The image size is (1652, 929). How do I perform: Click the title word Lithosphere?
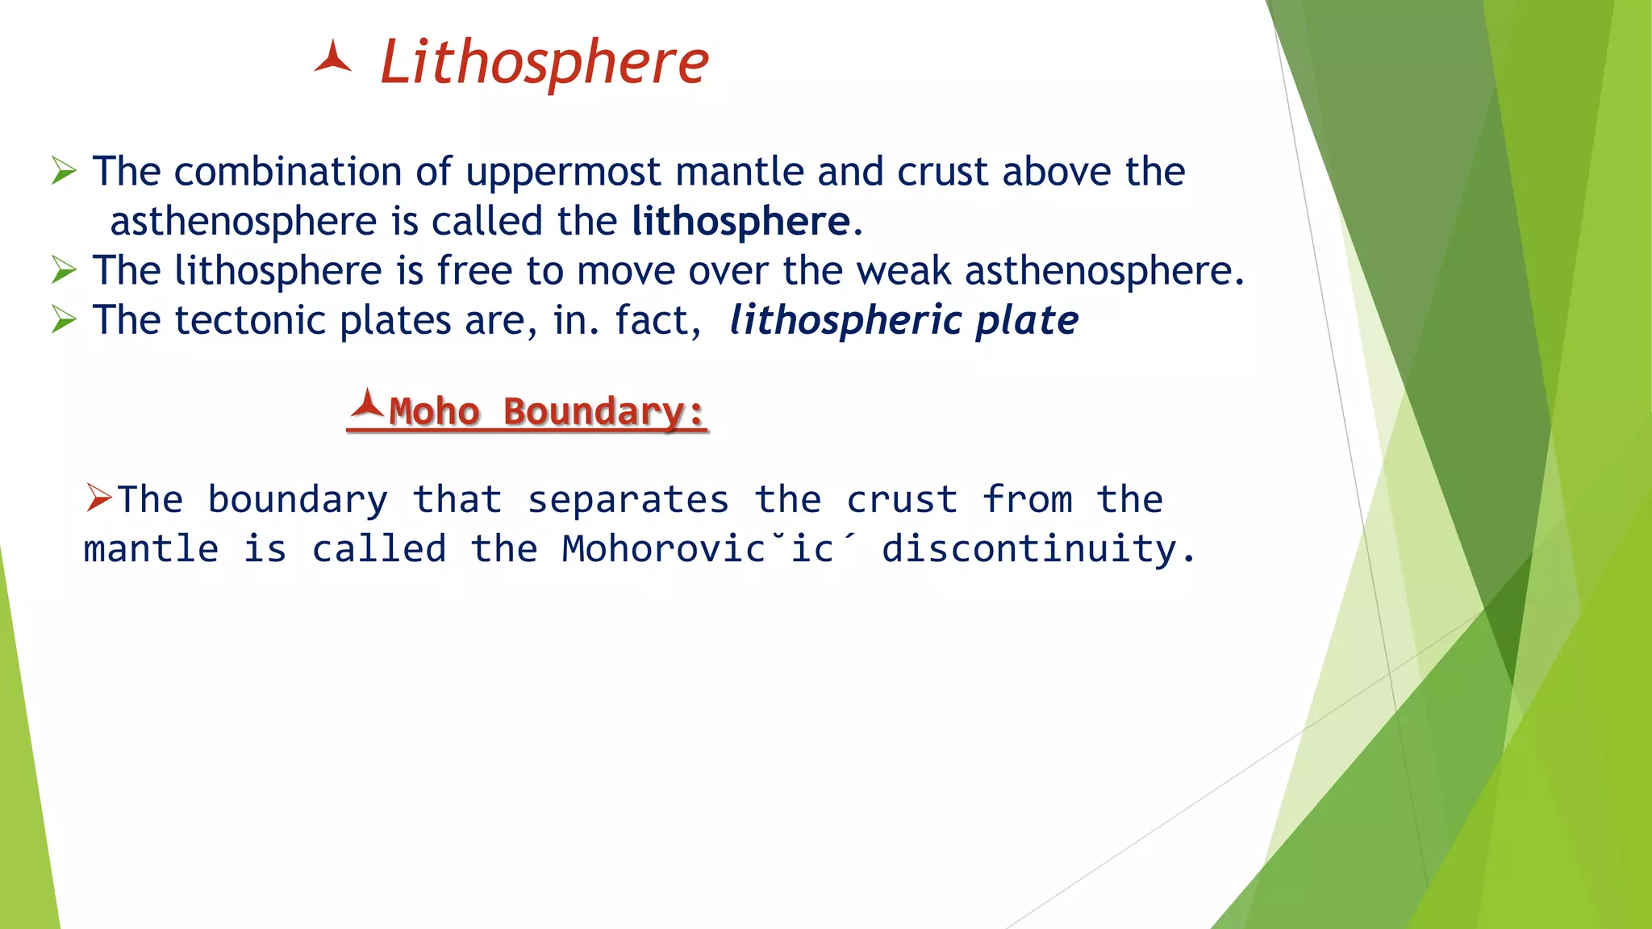tap(544, 63)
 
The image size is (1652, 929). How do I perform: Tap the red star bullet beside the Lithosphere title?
tap(332, 59)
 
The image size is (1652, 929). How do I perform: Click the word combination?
tap(287, 172)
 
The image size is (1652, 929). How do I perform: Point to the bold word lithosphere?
tap(740, 222)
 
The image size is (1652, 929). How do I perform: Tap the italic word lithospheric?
tap(845, 321)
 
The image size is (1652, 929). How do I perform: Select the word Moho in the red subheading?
tap(434, 412)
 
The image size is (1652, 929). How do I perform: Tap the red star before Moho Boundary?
tap(367, 404)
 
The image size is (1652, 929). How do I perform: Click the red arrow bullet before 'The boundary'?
tap(99, 498)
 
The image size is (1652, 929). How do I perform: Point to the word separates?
tap(628, 500)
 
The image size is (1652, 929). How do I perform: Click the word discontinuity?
tap(1038, 549)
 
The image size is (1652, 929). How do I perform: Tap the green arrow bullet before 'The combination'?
tap(64, 172)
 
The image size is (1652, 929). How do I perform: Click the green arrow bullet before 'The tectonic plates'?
tap(64, 320)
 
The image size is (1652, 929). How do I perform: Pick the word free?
tap(474, 271)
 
